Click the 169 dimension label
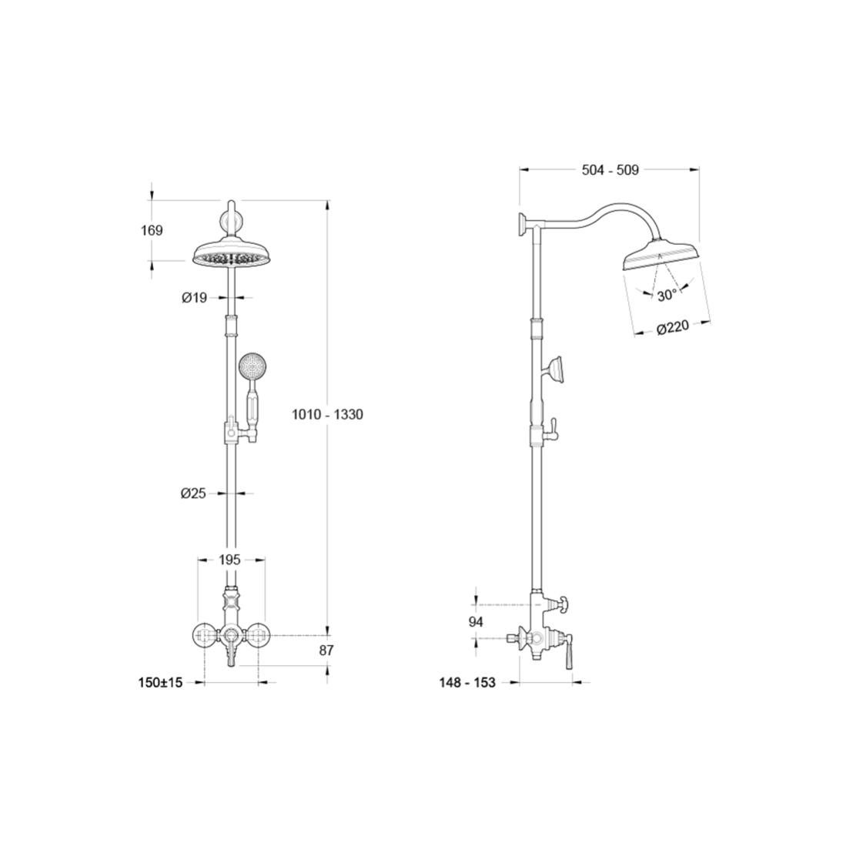(x=152, y=230)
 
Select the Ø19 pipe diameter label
(x=194, y=298)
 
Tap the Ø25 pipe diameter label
(x=193, y=493)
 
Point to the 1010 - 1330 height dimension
(x=327, y=414)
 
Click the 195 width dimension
(x=230, y=560)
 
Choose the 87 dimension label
(x=326, y=650)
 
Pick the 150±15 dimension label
(x=160, y=682)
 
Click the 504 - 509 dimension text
(x=610, y=170)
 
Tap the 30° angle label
(x=667, y=296)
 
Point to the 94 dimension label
(x=476, y=621)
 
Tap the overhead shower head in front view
(x=230, y=256)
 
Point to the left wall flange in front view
(x=204, y=636)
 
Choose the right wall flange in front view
(x=257, y=636)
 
